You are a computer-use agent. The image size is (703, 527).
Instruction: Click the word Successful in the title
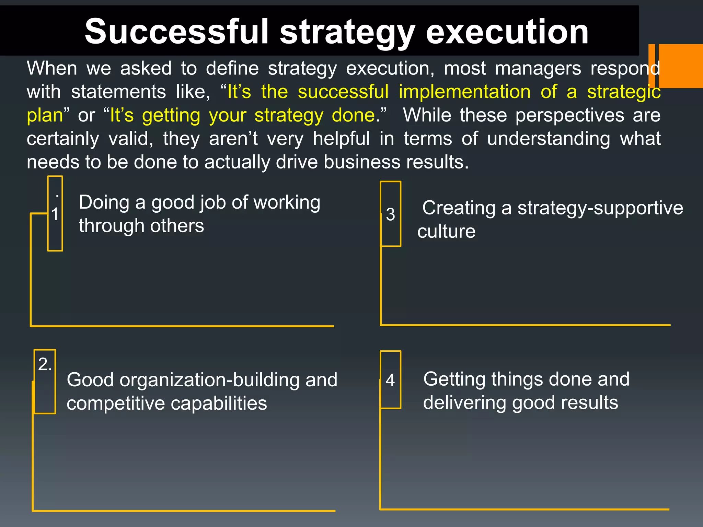[176, 32]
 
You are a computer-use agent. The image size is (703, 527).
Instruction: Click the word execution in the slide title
[507, 32]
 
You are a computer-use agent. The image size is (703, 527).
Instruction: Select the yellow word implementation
[464, 92]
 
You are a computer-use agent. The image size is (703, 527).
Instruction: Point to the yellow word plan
[45, 116]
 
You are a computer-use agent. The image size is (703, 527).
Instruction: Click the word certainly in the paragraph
[63, 139]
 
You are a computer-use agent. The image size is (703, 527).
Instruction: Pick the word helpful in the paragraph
[341, 139]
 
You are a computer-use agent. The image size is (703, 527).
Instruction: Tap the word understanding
[549, 139]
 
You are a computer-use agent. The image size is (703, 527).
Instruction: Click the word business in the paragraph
[362, 162]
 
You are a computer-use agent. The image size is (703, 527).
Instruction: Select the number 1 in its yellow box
[55, 214]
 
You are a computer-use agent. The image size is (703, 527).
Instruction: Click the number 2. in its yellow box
[45, 364]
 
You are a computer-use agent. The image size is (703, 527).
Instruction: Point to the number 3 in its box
[390, 214]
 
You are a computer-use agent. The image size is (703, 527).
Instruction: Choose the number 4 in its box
[390, 380]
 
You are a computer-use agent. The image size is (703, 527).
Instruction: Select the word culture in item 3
[446, 231]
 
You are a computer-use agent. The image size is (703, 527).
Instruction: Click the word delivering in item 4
[464, 402]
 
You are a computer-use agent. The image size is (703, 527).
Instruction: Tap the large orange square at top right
[680, 66]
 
